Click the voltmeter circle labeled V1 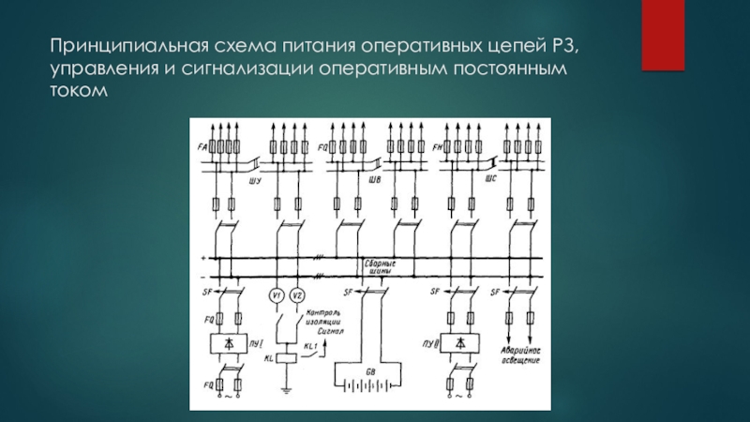[277, 296]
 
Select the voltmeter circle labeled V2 [296, 296]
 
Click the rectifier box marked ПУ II [458, 342]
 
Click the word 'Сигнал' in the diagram [332, 331]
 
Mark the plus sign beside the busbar [202, 256]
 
